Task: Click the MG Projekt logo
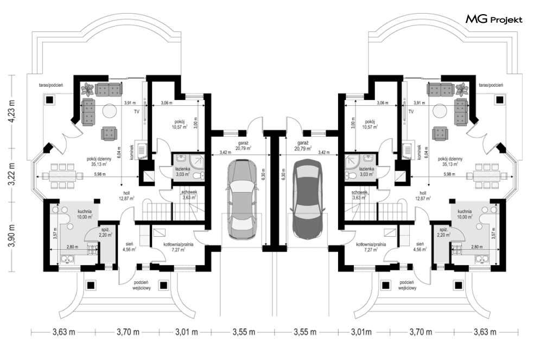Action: (x=494, y=20)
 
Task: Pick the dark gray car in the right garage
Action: (x=308, y=199)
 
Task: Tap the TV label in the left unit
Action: (x=137, y=112)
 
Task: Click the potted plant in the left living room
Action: (x=87, y=89)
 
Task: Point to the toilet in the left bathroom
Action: (x=198, y=176)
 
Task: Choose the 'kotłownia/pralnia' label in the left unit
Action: (x=179, y=244)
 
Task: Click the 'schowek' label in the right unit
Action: (x=359, y=193)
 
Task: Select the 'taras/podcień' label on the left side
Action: (x=51, y=85)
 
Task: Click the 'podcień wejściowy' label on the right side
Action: (x=408, y=285)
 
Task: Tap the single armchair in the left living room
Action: (x=109, y=134)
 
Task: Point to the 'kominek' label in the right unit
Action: (x=419, y=151)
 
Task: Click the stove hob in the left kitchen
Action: (x=93, y=249)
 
